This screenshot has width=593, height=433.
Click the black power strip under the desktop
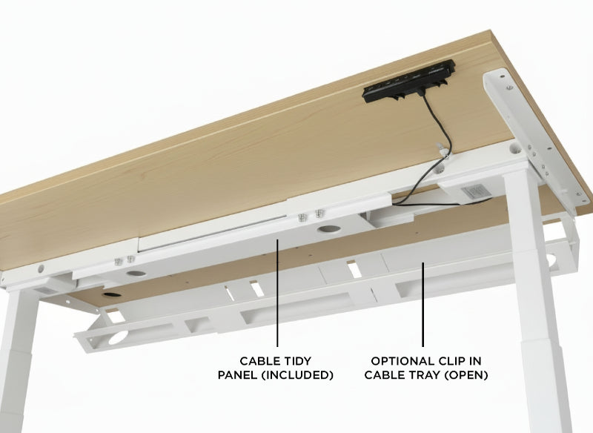[409, 82]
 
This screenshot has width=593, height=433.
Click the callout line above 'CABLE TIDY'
[277, 293]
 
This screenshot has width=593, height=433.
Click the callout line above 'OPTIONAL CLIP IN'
[423, 304]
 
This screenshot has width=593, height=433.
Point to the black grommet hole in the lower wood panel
[113, 294]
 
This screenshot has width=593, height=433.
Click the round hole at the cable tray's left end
[118, 337]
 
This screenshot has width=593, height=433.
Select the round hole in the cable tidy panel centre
[328, 229]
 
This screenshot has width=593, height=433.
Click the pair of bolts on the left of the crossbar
[125, 260]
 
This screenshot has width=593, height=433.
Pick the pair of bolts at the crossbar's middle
[311, 215]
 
